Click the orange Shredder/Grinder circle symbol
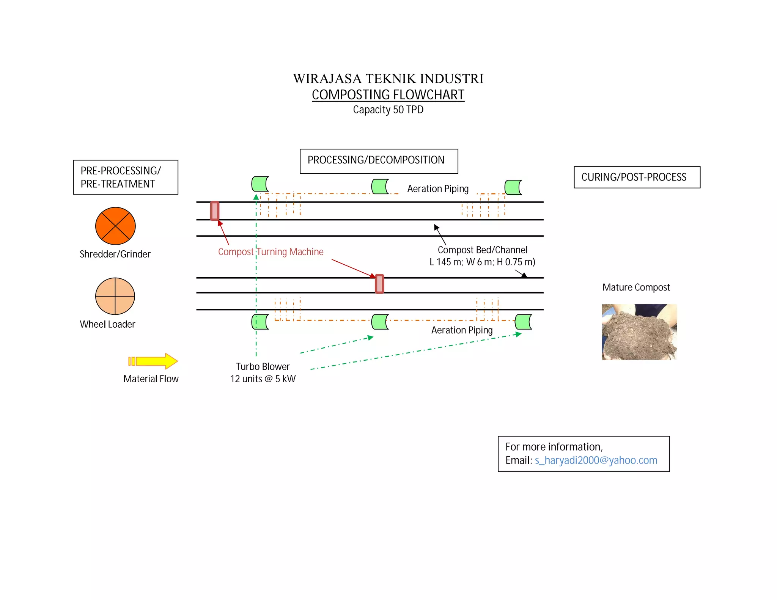115,226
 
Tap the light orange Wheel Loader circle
115,296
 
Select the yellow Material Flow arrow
153,361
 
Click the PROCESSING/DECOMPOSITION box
379,161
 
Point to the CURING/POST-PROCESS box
637,177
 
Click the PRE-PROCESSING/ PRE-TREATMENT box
126,177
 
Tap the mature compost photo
639,332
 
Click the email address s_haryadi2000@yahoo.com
596,460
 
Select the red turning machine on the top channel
215,211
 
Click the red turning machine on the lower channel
379,284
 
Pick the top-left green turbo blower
260,184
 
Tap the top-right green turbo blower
513,187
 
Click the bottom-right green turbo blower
524,322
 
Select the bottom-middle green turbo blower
380,322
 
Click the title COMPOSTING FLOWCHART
388,95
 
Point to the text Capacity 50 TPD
388,110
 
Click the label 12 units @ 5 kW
263,379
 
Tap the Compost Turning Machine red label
271,252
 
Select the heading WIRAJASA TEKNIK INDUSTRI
388,79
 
